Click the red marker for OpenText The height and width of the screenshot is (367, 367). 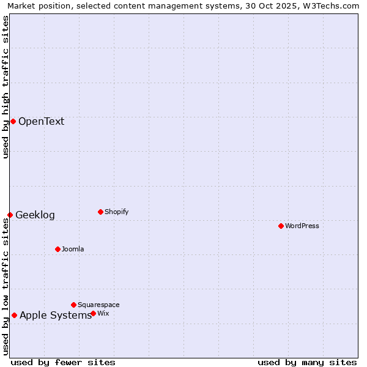[x=13, y=121]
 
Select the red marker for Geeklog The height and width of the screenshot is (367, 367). [x=10, y=215]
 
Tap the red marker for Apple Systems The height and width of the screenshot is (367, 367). [x=14, y=315]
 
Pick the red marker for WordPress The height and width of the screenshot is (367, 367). [x=281, y=226]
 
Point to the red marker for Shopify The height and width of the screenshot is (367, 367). [x=100, y=212]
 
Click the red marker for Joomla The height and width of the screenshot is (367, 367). [x=57, y=249]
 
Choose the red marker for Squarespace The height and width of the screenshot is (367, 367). [x=73, y=305]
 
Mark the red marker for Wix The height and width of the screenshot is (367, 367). [x=93, y=313]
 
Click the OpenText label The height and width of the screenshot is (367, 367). [x=41, y=121]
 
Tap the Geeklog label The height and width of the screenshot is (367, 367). [x=35, y=215]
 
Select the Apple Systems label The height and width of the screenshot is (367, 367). [x=55, y=315]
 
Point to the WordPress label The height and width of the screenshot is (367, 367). [x=302, y=226]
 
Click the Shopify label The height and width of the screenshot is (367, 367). [x=116, y=212]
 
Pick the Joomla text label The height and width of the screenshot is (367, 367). [x=73, y=249]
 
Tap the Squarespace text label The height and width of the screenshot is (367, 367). [x=98, y=305]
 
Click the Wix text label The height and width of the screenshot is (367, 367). [x=103, y=313]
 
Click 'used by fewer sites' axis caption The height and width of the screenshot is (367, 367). [x=63, y=362]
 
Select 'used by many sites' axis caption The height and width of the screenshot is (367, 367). [x=307, y=362]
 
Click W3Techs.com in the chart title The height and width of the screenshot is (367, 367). [x=334, y=6]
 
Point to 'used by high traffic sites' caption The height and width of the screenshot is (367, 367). [x=6, y=87]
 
